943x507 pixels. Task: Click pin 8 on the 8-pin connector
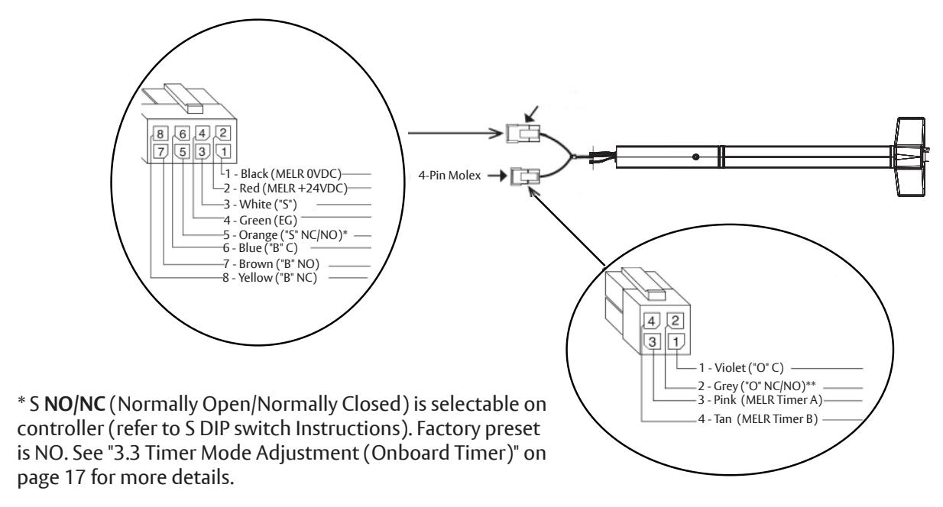pyautogui.click(x=160, y=134)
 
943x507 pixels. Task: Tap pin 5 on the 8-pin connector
pyautogui.click(x=183, y=151)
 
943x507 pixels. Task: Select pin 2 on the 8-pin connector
pyautogui.click(x=223, y=133)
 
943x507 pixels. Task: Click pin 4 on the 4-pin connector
pyautogui.click(x=651, y=321)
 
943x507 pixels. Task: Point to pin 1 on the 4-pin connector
pyautogui.click(x=676, y=341)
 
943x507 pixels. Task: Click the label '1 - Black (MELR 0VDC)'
pyautogui.click(x=283, y=174)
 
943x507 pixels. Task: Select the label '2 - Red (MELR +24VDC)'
pyautogui.click(x=286, y=188)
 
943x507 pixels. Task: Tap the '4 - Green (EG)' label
pyautogui.click(x=260, y=220)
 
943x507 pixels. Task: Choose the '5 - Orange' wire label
pyautogui.click(x=286, y=234)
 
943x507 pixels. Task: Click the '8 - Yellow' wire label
pyautogui.click(x=270, y=278)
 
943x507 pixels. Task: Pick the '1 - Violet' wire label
pyautogui.click(x=741, y=368)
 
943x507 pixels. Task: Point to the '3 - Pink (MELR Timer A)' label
pyautogui.click(x=760, y=399)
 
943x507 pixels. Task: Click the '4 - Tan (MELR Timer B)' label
pyautogui.click(x=758, y=419)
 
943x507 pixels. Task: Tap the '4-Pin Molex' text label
pyautogui.click(x=449, y=176)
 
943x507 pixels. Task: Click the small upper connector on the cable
pyautogui.click(x=523, y=134)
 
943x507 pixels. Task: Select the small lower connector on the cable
pyautogui.click(x=525, y=176)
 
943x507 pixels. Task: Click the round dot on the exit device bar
pyautogui.click(x=695, y=157)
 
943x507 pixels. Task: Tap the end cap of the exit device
pyautogui.click(x=912, y=157)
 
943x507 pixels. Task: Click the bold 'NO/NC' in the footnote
pyautogui.click(x=75, y=405)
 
